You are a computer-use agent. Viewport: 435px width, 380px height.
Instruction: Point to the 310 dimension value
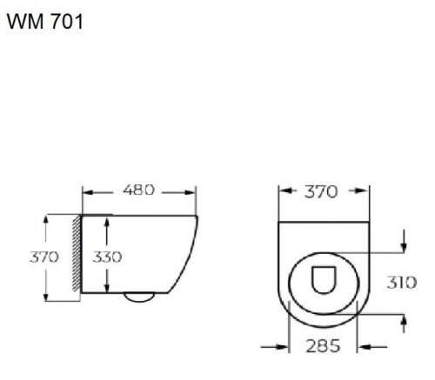pyautogui.click(x=401, y=283)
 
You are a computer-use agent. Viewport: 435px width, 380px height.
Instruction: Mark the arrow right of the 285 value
pyautogui.click(x=364, y=347)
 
